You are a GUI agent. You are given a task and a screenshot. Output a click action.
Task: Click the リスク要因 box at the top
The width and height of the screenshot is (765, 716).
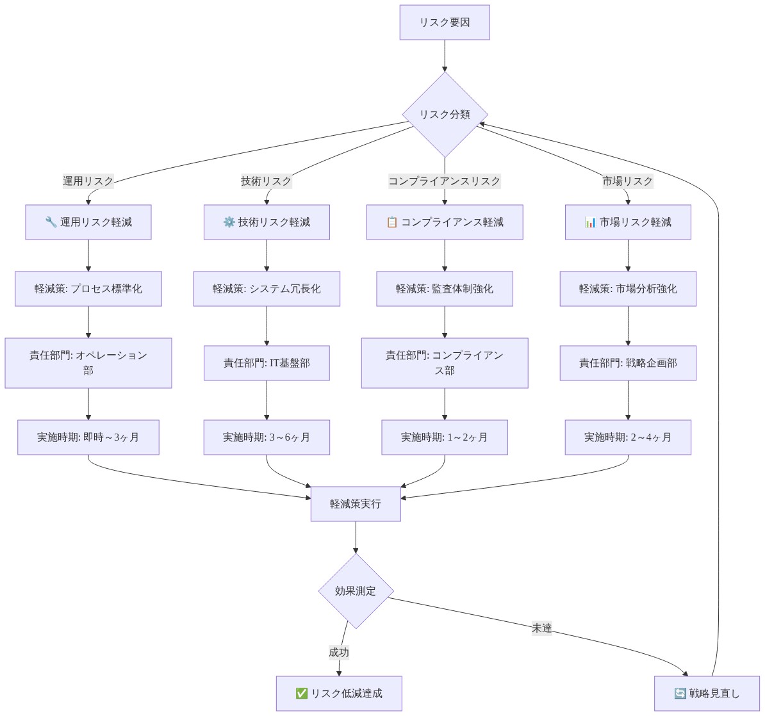pos(445,22)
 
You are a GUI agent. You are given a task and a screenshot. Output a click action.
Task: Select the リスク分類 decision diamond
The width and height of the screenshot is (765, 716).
pos(445,115)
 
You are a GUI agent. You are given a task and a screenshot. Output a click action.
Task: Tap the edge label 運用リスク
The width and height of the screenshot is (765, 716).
pos(88,181)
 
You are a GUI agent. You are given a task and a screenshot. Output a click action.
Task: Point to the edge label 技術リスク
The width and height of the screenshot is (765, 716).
pos(267,181)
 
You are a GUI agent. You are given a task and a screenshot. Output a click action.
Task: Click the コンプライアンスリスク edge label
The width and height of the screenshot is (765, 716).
pos(445,181)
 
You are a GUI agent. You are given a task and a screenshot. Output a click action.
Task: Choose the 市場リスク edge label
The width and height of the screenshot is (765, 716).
pos(627,181)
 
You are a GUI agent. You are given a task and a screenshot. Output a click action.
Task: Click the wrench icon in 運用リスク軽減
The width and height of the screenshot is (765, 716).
pos(51,222)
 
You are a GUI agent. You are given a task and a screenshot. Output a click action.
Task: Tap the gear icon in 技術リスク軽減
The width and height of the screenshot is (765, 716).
pos(229,222)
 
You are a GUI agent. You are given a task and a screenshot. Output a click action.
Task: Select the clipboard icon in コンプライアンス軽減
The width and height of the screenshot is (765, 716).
pos(391,222)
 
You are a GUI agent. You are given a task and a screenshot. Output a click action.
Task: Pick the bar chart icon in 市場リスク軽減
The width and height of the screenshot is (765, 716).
pos(590,222)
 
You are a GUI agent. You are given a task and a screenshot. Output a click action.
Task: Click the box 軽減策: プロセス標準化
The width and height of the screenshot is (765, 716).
pos(88,289)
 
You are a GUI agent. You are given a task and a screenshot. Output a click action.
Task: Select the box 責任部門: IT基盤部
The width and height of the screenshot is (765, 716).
pos(267,363)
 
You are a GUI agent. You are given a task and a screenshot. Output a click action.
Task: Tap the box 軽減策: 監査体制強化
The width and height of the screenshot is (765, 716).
pos(445,289)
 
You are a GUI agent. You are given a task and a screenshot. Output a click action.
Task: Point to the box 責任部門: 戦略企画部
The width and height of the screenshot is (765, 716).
pos(628,363)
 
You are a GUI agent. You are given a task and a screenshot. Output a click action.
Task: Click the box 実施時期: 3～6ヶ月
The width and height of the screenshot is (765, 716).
pos(267,437)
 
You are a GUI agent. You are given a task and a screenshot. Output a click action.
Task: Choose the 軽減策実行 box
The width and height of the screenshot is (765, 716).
pos(356,504)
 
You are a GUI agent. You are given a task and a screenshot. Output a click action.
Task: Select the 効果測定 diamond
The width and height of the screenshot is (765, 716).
pos(356,591)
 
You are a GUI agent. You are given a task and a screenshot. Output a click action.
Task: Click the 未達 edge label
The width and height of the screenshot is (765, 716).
pos(541,628)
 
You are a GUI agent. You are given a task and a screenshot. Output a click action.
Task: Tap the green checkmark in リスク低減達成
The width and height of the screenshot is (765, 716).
pos(302,694)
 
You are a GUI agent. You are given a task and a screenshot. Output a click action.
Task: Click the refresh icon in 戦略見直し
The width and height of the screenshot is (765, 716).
pos(680,694)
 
